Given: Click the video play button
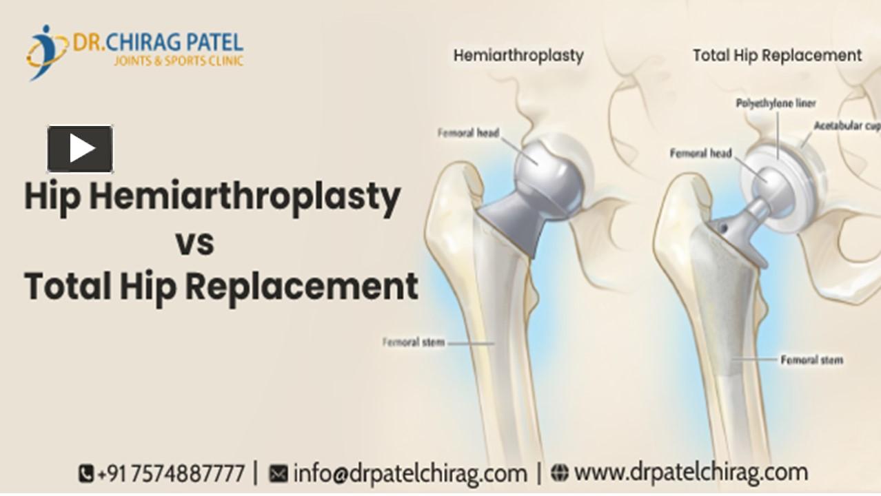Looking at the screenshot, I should click(80, 149).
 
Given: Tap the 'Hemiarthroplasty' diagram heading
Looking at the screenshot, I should click(518, 56).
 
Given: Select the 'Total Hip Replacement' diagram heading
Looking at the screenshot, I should click(777, 56).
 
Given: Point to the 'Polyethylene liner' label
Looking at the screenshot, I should click(776, 103).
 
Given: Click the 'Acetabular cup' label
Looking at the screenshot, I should click(847, 126).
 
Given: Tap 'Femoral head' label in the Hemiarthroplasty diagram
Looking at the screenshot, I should click(468, 133).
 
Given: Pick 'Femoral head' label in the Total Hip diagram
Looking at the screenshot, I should click(700, 153).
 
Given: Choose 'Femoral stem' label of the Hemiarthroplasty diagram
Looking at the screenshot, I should click(414, 342).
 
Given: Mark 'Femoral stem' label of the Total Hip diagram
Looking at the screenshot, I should click(811, 360).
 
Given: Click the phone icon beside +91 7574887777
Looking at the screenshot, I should click(86, 474).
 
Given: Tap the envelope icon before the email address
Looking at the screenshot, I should click(278, 474).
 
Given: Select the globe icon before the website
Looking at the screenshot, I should click(560, 473).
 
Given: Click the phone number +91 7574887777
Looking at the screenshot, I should click(171, 474).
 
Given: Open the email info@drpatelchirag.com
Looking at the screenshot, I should click(409, 474).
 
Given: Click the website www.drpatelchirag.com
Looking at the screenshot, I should click(690, 473).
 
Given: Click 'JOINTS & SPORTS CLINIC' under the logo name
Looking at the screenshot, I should click(179, 61).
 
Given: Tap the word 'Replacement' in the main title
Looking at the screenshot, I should click(301, 286).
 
